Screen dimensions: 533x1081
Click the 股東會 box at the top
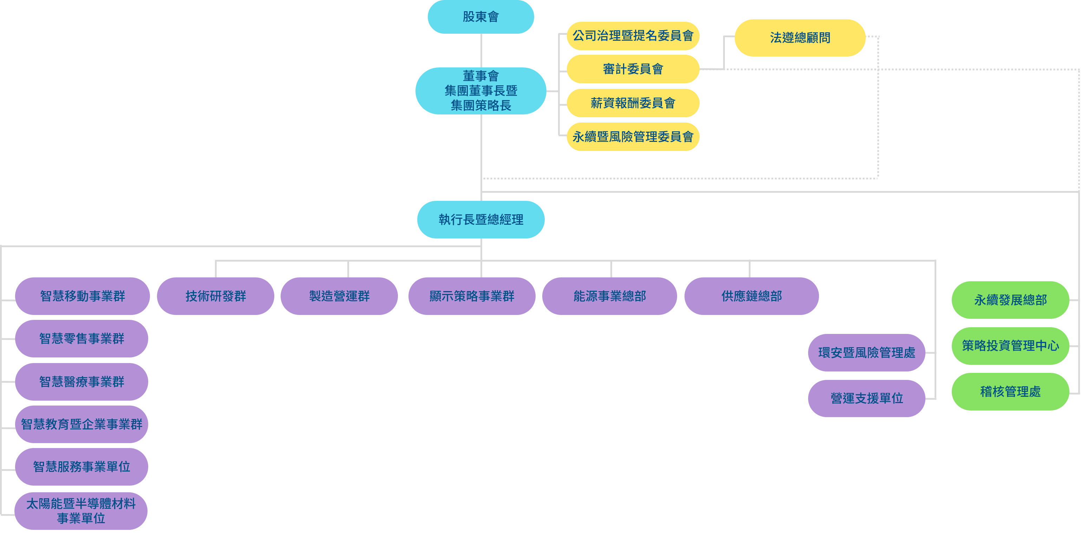point(480,17)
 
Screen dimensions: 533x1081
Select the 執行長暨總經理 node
point(480,219)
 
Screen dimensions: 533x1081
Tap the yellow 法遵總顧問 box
point(800,38)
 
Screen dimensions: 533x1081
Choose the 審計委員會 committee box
point(633,69)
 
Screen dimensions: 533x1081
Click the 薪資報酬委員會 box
point(633,103)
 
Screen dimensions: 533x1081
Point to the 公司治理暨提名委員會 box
point(633,36)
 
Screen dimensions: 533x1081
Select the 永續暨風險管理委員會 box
point(633,137)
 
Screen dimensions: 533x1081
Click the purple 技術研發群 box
point(215,296)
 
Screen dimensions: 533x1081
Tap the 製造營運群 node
point(339,296)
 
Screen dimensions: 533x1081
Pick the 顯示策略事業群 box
point(472,296)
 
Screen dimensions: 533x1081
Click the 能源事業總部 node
point(609,296)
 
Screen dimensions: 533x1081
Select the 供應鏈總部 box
point(751,296)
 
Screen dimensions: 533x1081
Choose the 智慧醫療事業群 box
point(81,382)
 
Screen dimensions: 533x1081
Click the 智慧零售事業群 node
point(81,339)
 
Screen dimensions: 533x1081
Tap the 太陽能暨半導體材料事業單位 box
point(81,511)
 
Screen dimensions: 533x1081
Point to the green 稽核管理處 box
point(1010,391)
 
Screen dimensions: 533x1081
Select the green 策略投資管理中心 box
point(1010,346)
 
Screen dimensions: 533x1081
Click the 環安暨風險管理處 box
point(866,353)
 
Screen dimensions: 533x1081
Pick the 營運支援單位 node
point(866,398)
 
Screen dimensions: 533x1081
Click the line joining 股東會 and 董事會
point(481,50)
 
